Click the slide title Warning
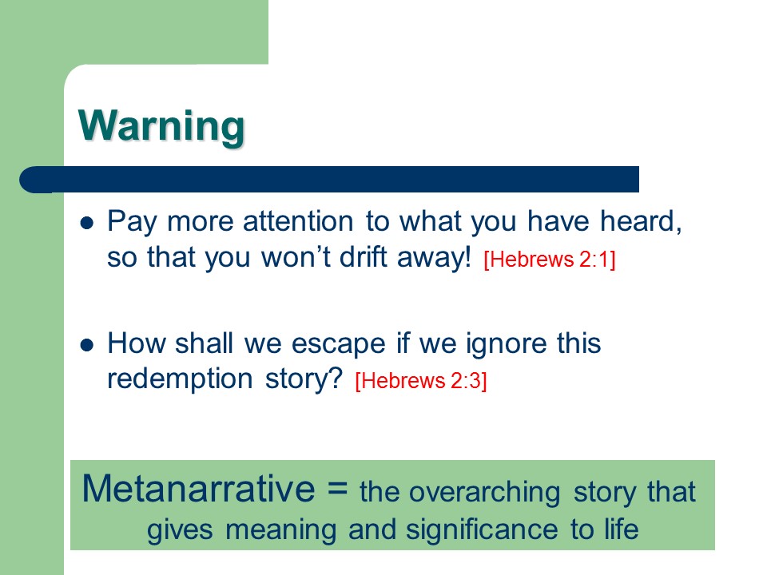(x=161, y=126)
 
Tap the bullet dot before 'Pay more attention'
(x=87, y=224)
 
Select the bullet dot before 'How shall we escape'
(x=87, y=345)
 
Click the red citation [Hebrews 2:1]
(x=550, y=259)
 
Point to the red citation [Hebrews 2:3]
(x=421, y=381)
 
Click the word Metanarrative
(x=199, y=489)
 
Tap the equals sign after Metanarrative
(x=337, y=487)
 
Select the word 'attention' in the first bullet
(x=298, y=221)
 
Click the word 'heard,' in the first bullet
(x=642, y=221)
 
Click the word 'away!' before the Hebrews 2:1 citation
(x=434, y=258)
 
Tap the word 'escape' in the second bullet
(x=339, y=343)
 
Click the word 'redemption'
(x=180, y=379)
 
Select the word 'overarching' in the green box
(x=485, y=492)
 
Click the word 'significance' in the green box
(x=482, y=529)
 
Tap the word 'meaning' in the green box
(x=280, y=530)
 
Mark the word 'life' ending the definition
(x=622, y=529)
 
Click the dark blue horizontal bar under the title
(x=329, y=180)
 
